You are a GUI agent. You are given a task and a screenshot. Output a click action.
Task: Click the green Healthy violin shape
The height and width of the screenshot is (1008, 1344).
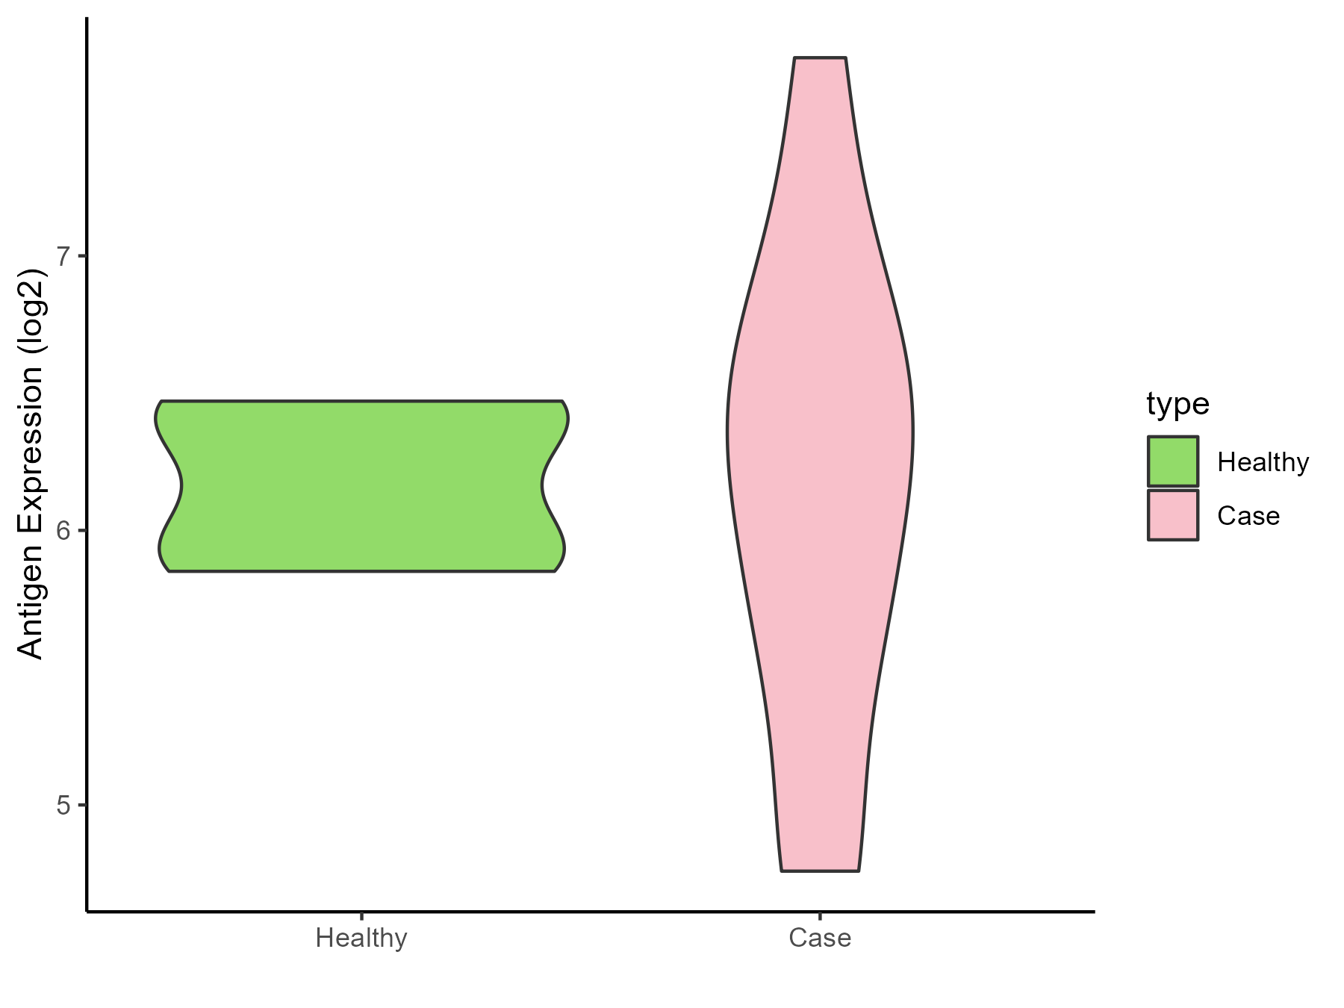361,486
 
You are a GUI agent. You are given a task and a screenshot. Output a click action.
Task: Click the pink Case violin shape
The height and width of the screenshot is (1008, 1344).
820,448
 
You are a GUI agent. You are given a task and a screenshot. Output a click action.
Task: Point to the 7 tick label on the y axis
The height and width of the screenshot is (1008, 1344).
63,256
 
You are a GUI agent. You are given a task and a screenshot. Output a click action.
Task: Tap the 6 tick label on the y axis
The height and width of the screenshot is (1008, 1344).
63,531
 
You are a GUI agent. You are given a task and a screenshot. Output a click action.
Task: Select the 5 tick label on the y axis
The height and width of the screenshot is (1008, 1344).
63,805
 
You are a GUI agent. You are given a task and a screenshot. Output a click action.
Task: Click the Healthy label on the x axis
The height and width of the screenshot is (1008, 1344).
361,938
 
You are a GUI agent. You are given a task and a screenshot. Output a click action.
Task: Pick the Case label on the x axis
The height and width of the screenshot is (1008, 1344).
820,938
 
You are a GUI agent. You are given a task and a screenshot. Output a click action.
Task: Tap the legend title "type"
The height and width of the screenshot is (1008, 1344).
1177,404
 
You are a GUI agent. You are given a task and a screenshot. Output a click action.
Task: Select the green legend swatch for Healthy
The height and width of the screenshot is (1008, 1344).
1173,461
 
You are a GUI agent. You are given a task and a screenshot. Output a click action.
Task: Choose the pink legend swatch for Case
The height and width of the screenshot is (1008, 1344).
1173,515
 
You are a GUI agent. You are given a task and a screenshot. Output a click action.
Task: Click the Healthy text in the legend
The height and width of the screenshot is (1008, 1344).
1263,462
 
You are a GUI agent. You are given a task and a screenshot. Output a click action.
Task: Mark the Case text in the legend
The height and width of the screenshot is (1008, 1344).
1248,516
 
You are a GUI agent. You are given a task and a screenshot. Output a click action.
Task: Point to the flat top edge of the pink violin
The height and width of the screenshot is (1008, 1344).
820,57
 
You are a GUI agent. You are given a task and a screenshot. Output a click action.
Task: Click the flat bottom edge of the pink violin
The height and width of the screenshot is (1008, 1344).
820,871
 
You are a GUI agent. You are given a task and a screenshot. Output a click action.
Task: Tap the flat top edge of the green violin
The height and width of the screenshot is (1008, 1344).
361,402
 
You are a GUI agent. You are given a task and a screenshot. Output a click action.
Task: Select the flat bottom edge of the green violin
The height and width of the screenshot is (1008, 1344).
361,571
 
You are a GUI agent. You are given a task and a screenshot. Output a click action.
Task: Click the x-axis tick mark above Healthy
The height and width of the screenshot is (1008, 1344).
361,916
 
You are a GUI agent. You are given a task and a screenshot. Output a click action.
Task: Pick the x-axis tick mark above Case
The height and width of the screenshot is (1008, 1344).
820,916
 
